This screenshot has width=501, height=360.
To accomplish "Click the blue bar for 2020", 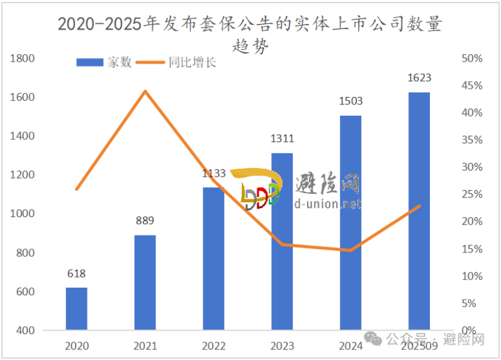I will (76, 308).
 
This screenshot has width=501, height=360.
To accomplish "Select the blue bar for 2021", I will (145, 283).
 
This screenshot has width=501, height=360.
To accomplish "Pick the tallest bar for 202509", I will (419, 211).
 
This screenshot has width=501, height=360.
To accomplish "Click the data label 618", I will (76, 274).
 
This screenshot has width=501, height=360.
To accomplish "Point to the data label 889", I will (145, 221).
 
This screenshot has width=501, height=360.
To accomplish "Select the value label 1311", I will (282, 139).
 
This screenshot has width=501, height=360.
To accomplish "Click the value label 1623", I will (419, 78).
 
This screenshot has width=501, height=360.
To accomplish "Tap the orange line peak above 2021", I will (145, 91).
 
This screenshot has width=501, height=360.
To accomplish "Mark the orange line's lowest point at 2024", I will (351, 250).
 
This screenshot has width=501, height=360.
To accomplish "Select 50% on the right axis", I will (471, 59).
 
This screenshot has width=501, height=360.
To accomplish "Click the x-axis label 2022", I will (213, 346).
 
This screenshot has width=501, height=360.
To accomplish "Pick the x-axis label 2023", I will (282, 346).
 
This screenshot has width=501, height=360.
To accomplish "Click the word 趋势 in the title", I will (250, 46).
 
